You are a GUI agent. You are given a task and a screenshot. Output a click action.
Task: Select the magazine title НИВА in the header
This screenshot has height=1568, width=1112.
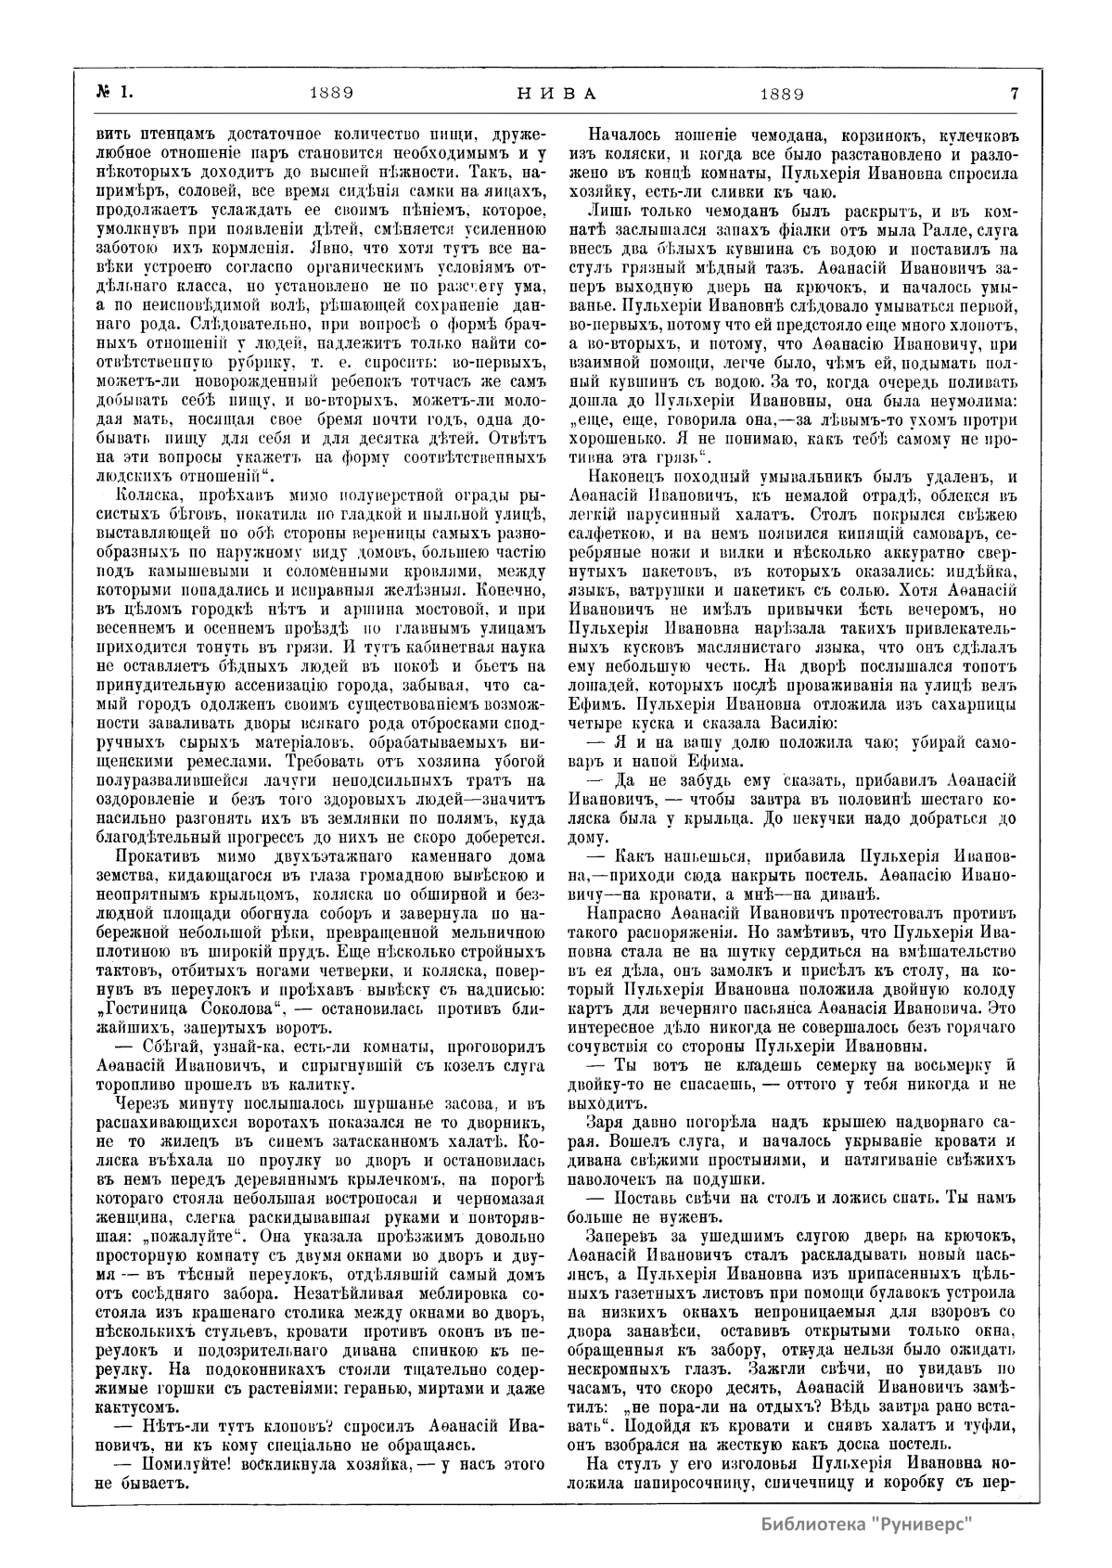click(x=556, y=94)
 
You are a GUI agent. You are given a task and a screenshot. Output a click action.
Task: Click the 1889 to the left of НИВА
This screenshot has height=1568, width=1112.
click(x=330, y=94)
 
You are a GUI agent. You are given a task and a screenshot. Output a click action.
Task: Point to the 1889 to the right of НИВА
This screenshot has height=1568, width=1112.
click(x=781, y=94)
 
